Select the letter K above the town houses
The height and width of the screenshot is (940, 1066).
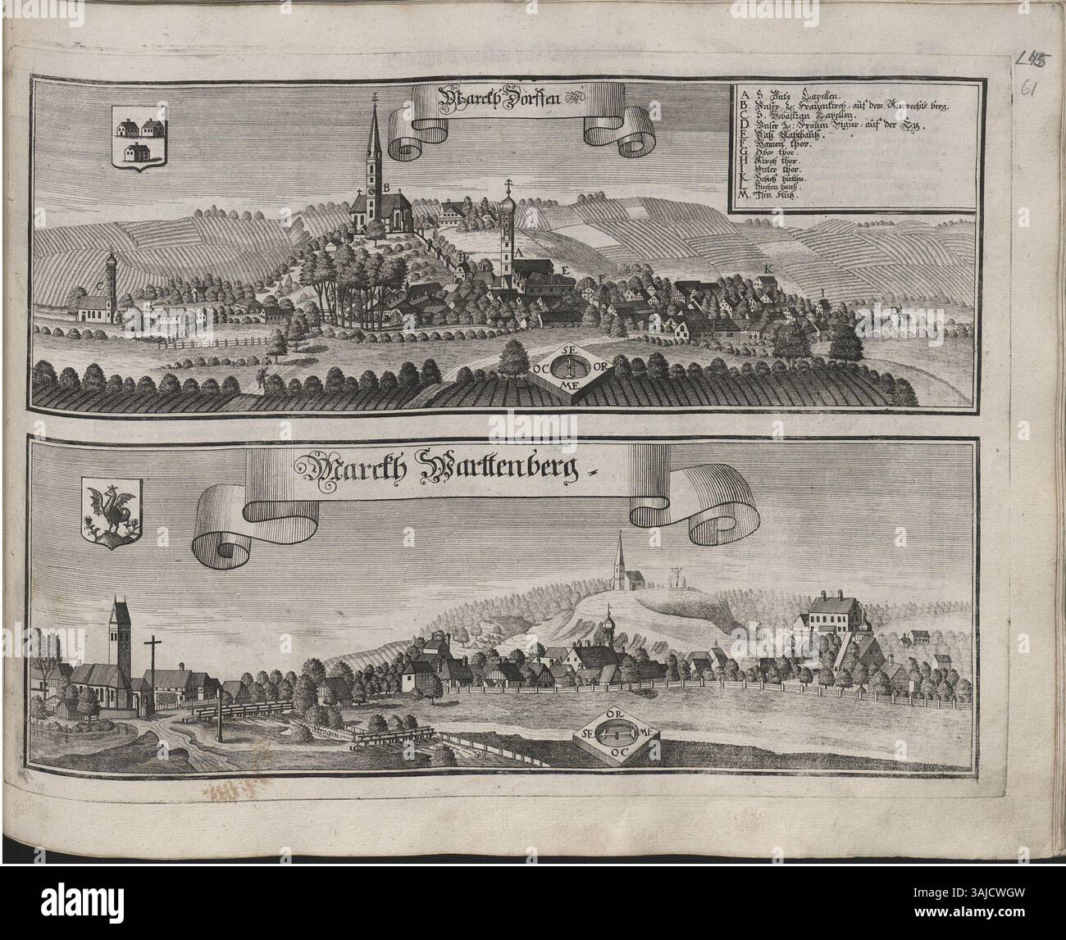pos(768,270)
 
